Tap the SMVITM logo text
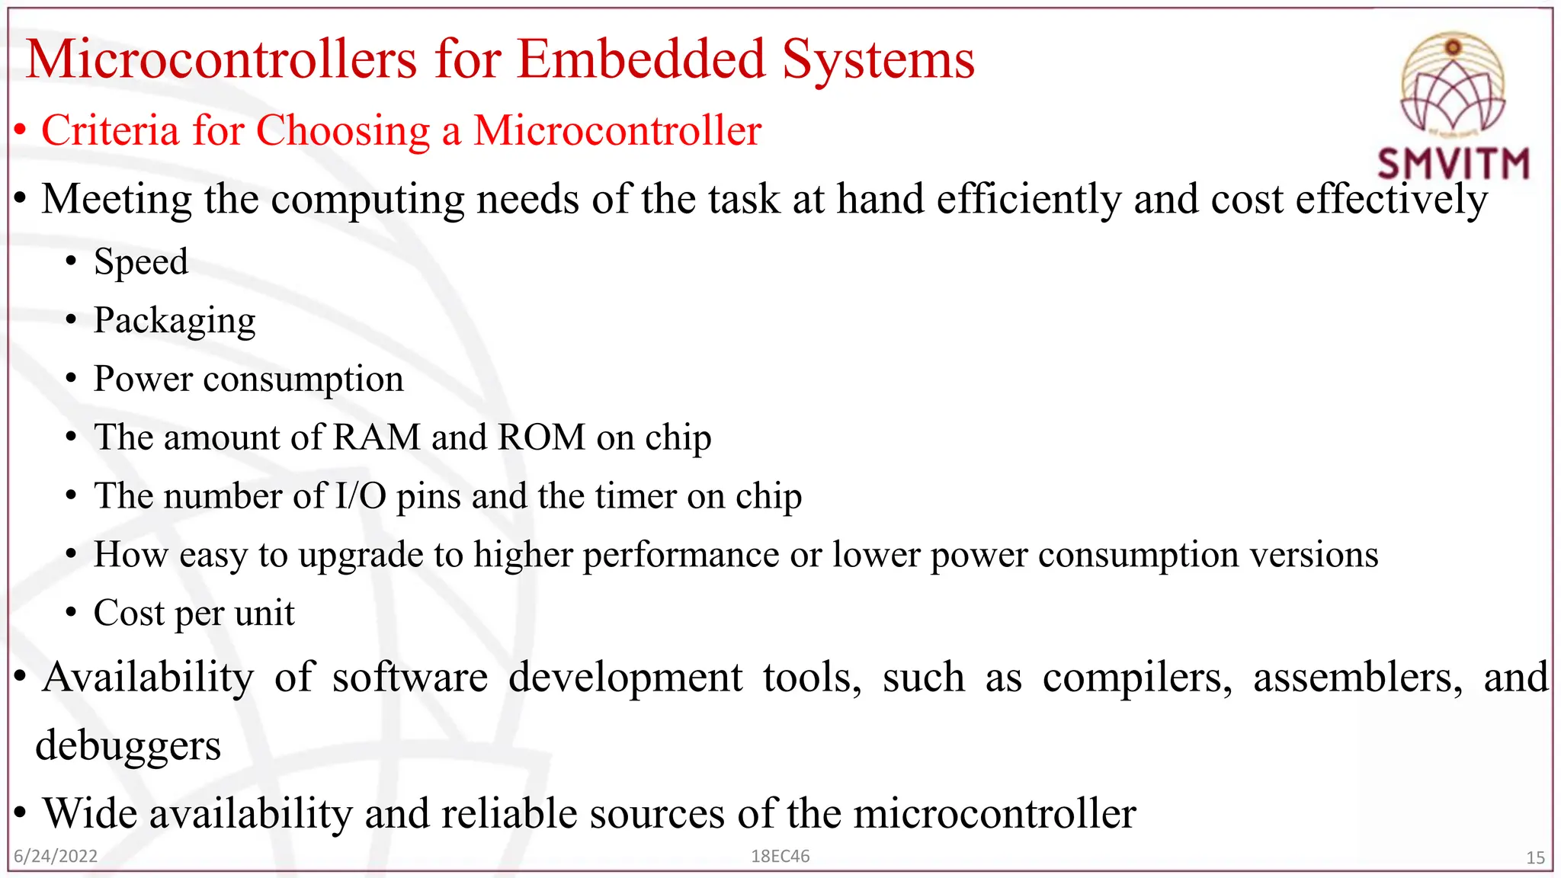(x=1453, y=164)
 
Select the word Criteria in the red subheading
(x=110, y=130)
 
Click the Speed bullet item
(x=141, y=261)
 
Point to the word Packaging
(x=175, y=321)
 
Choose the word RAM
(x=377, y=437)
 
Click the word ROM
(x=541, y=437)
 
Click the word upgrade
(x=361, y=556)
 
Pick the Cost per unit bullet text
(x=194, y=614)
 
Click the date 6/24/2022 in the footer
(x=56, y=856)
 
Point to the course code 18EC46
(x=780, y=856)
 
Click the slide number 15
(x=1535, y=857)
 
